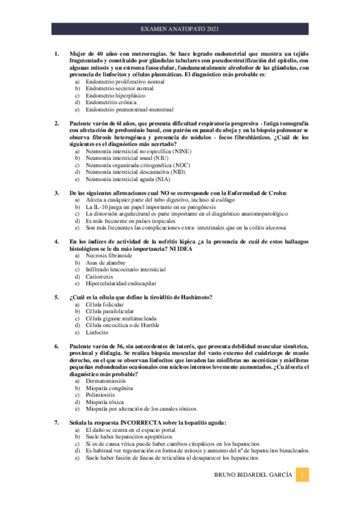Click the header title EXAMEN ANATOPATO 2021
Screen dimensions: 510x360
[x=180, y=29]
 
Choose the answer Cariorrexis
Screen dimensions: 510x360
[x=102, y=277]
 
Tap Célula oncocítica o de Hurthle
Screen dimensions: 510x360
[x=123, y=325]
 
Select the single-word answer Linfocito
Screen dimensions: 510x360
[x=97, y=333]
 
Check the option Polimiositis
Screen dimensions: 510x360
[x=103, y=395]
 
